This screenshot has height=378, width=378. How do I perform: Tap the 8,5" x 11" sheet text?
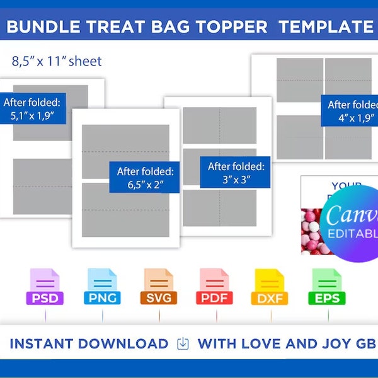57,62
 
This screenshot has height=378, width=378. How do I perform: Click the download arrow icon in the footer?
183,344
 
